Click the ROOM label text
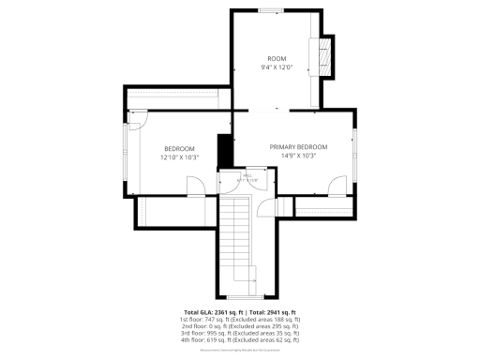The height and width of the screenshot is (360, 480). click(277, 58)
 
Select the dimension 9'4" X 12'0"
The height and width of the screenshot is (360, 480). click(277, 67)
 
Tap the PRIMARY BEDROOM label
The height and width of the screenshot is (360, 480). click(299, 147)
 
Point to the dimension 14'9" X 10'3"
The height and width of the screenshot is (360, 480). click(299, 156)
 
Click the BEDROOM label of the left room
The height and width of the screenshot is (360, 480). click(179, 149)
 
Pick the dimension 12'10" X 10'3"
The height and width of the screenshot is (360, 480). click(179, 157)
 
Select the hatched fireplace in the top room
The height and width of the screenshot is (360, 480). click(326, 55)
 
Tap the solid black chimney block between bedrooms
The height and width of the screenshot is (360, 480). click(224, 150)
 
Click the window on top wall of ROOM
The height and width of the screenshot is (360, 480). click(272, 11)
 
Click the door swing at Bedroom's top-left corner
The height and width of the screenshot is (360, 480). click(139, 120)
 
